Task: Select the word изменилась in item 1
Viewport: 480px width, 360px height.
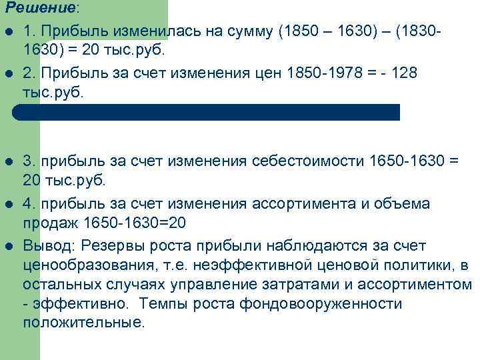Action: click(152, 31)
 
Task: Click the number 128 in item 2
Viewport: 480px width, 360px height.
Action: click(405, 72)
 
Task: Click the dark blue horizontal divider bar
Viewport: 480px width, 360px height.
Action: click(206, 112)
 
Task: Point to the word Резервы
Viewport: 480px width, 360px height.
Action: click(113, 245)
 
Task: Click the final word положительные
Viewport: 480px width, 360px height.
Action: click(83, 323)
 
